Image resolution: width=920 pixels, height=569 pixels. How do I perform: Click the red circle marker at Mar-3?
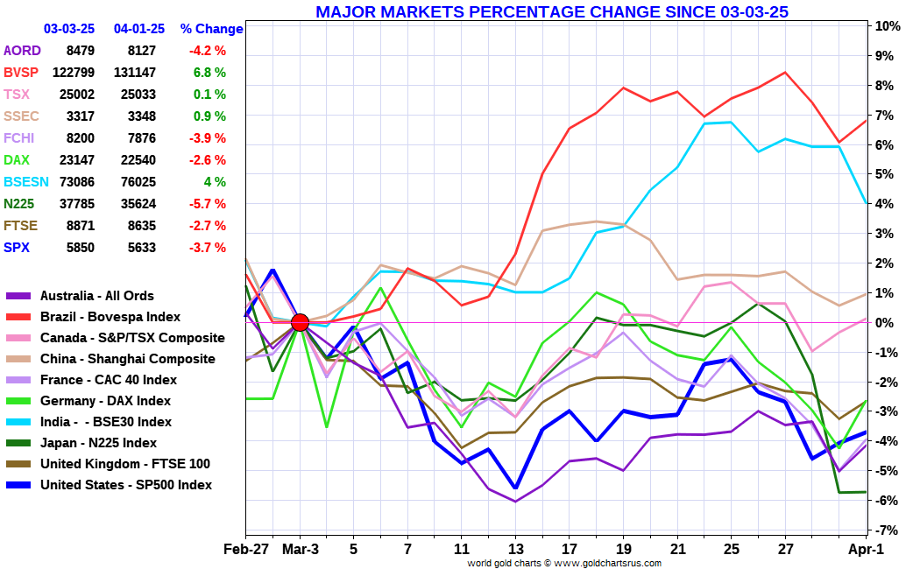[x=300, y=322]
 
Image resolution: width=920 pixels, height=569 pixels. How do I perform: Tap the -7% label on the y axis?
[x=887, y=530]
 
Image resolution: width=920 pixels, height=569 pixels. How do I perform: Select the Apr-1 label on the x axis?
[x=867, y=549]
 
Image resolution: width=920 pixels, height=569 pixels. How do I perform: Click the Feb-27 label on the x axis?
[x=245, y=549]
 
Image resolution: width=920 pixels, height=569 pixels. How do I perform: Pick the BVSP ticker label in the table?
[x=21, y=73]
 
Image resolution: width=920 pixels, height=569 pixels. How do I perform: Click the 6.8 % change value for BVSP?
[x=209, y=73]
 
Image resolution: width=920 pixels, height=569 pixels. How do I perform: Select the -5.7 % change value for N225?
[x=207, y=204]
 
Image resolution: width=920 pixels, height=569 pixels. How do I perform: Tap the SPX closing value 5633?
[x=140, y=248]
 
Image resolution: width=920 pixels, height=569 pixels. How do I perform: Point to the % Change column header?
[x=211, y=29]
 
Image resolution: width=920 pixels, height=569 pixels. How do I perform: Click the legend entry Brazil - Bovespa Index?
[x=110, y=317]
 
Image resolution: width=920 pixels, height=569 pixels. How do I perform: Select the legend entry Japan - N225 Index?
[x=99, y=443]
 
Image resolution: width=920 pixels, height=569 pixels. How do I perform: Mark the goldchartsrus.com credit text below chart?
[x=563, y=563]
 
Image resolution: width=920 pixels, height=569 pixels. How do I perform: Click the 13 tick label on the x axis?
[x=516, y=549]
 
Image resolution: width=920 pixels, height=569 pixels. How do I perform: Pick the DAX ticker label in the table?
[x=18, y=160]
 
